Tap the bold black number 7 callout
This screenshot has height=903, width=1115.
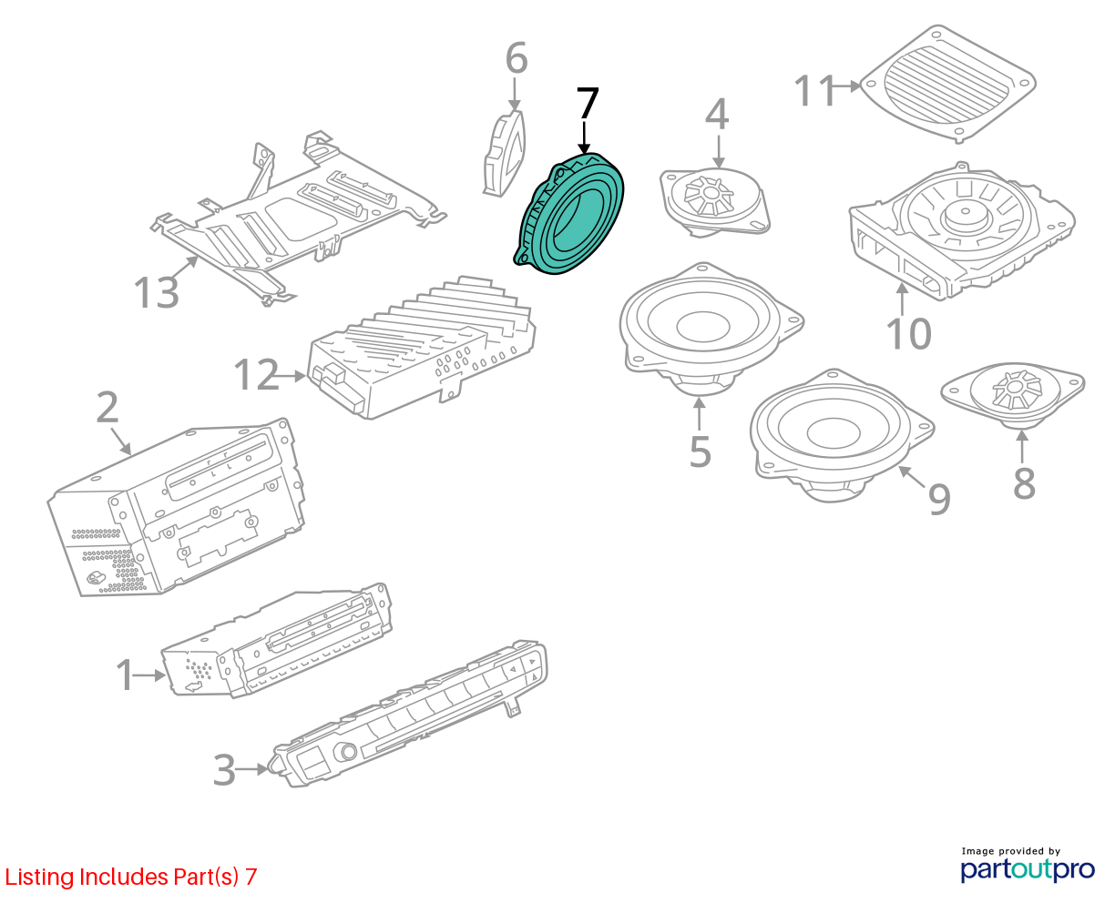click(588, 104)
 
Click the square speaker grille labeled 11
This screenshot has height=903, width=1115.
click(947, 83)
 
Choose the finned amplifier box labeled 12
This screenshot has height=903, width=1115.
click(424, 346)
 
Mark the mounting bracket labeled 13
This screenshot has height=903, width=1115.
click(292, 218)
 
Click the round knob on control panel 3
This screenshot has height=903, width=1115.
click(346, 752)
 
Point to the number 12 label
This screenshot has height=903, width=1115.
click(256, 375)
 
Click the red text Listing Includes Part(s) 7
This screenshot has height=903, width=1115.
click(131, 877)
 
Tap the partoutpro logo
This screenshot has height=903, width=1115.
click(1027, 867)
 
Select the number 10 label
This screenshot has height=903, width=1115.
click(908, 333)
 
